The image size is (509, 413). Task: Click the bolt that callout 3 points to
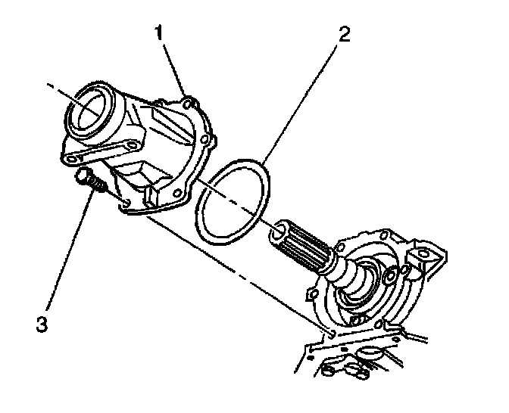pos(86,181)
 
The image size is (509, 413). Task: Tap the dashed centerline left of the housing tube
pos(57,91)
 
